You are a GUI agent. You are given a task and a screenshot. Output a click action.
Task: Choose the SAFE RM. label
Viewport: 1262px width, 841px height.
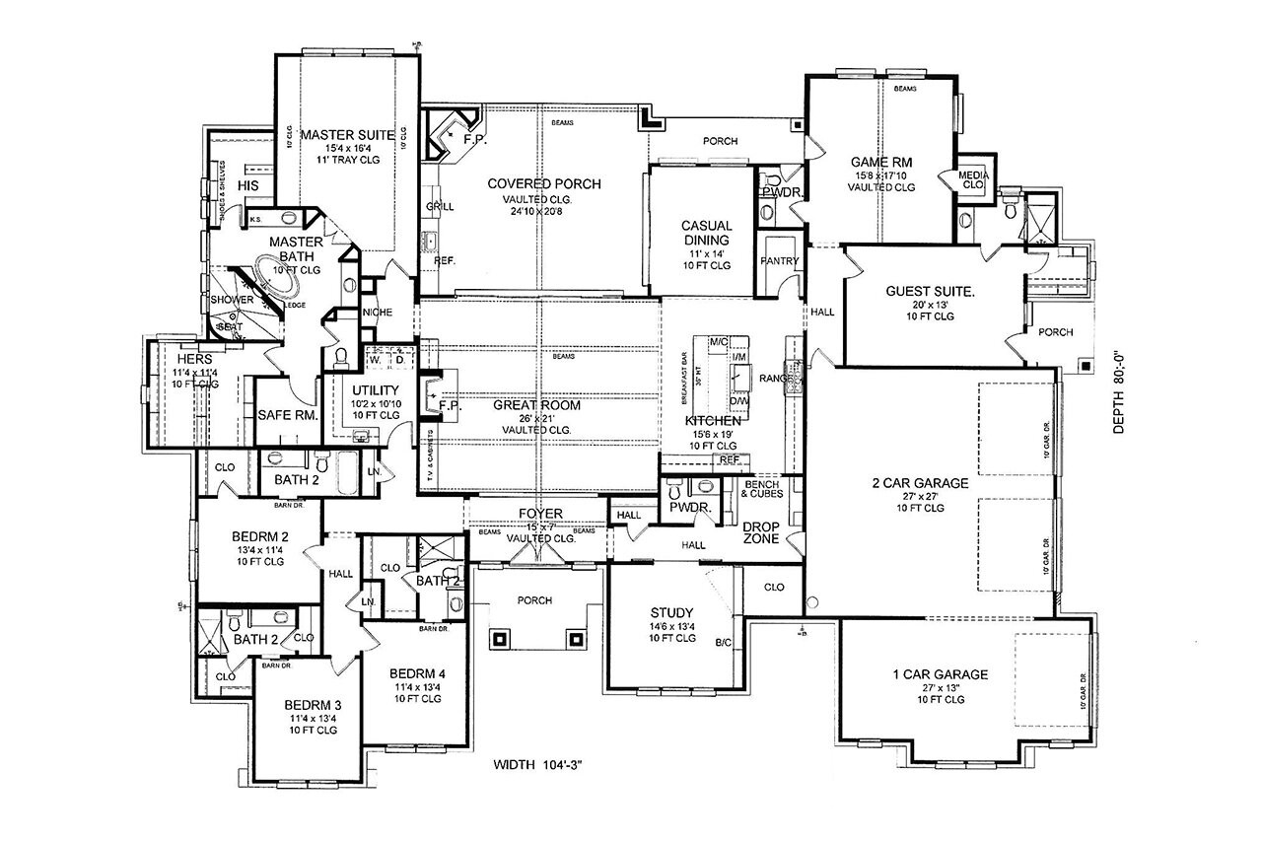pyautogui.click(x=287, y=416)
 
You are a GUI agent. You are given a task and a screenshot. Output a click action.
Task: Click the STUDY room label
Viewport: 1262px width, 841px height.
pyautogui.click(x=672, y=611)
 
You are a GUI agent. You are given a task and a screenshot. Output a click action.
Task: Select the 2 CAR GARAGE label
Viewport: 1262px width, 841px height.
pyautogui.click(x=920, y=483)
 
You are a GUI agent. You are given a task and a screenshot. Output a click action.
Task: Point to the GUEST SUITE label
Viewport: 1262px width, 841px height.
pyautogui.click(x=930, y=292)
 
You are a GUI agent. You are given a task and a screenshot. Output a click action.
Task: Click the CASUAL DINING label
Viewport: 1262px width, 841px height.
pyautogui.click(x=706, y=233)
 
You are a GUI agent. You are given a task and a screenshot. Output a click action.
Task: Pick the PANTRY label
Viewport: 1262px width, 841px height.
pyautogui.click(x=779, y=261)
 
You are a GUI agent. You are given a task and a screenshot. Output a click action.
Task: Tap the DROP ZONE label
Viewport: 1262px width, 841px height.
pyautogui.click(x=761, y=532)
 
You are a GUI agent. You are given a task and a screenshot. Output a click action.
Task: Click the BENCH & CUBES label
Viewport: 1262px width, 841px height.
pyautogui.click(x=763, y=489)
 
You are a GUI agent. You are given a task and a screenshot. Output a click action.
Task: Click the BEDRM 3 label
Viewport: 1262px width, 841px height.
pyautogui.click(x=314, y=705)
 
